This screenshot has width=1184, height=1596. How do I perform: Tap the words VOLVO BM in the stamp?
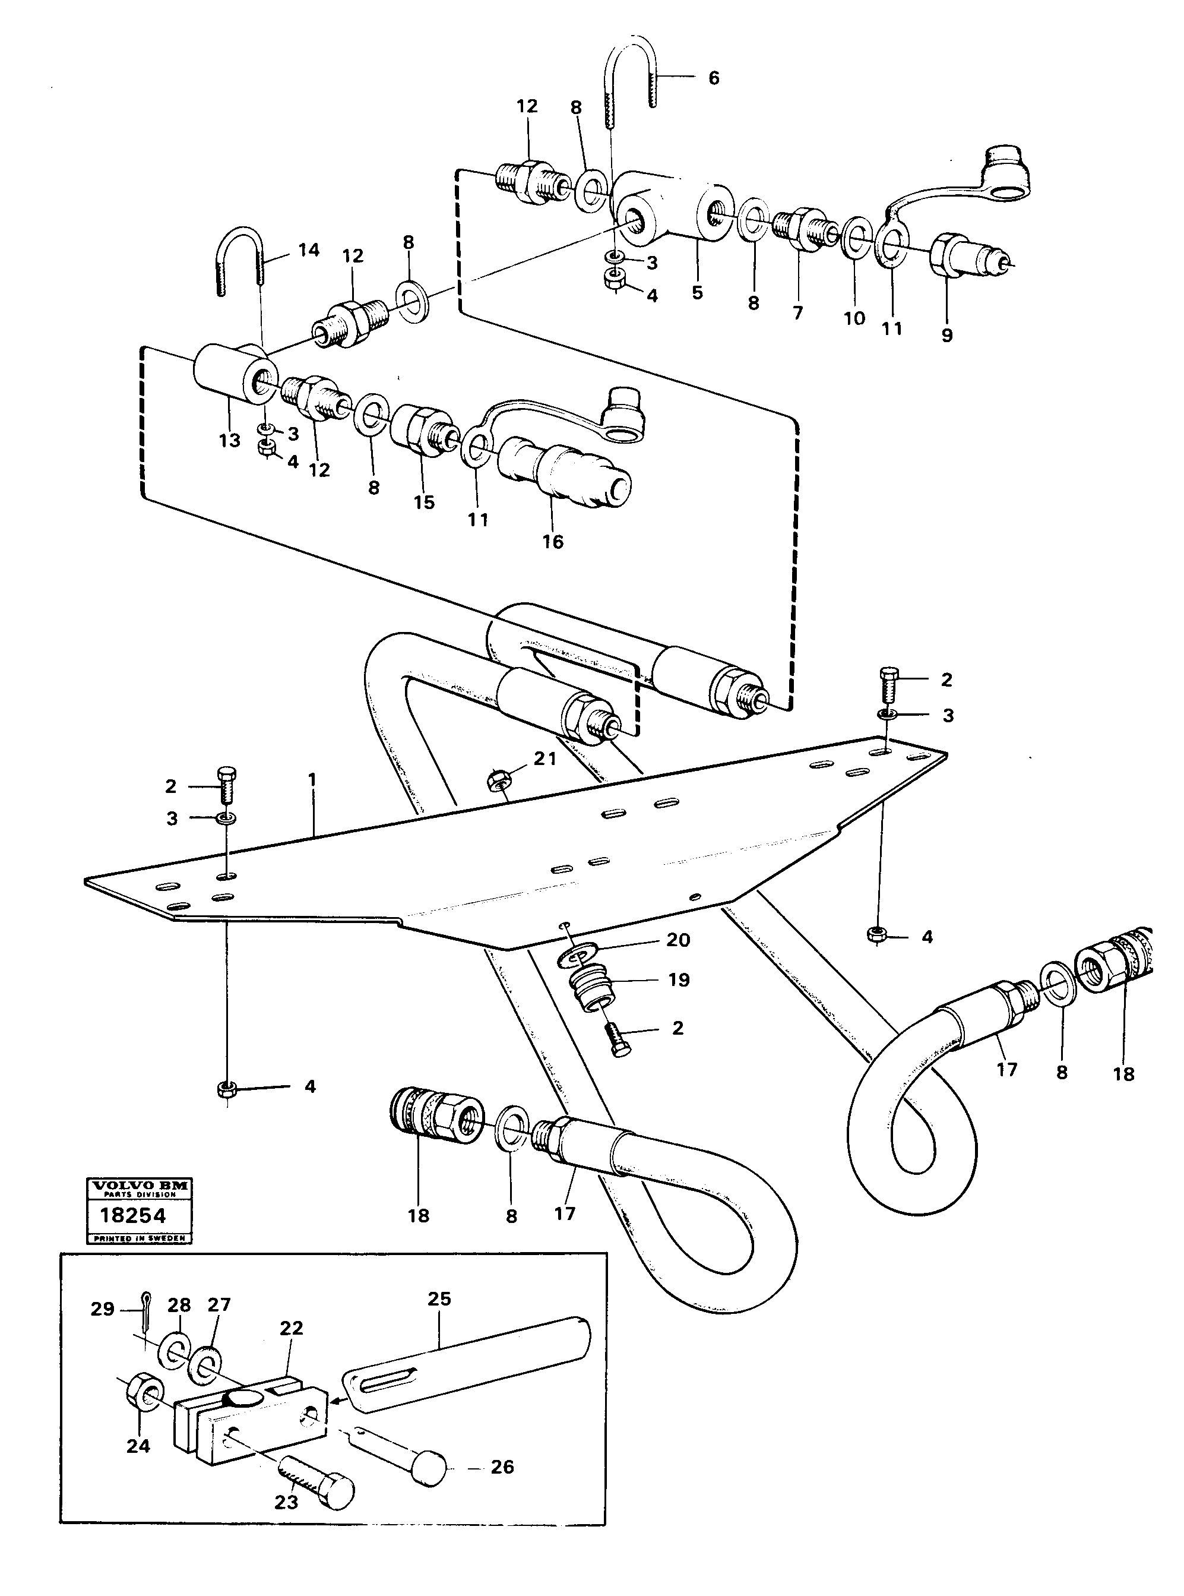139,1186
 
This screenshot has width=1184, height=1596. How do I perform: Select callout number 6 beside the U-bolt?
713,78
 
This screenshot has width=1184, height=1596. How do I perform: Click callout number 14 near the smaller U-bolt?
309,250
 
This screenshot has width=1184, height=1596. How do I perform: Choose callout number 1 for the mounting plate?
312,779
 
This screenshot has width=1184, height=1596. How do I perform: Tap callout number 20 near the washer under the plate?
678,940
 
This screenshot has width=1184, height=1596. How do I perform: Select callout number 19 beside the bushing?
678,979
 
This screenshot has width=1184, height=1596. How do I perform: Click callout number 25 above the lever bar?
439,1299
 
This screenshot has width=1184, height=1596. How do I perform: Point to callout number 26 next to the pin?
502,1467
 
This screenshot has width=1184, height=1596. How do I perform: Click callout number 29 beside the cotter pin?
103,1309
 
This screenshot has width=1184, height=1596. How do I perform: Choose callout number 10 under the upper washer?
854,318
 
